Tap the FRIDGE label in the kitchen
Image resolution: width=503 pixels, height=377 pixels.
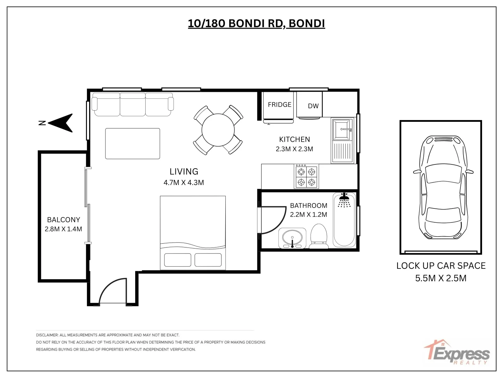coord(279,105)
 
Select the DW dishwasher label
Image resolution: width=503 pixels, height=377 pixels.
coord(313,106)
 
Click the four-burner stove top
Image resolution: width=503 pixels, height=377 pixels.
coord(306,177)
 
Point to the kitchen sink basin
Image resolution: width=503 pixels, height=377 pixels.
coord(342,130)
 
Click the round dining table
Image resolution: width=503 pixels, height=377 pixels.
coord(218,130)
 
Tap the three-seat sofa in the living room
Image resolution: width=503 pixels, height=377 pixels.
coord(133,104)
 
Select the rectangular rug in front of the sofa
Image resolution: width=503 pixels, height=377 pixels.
coord(133,143)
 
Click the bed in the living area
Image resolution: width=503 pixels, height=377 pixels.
coord(193,232)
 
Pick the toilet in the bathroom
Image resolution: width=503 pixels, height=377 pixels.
coord(319,236)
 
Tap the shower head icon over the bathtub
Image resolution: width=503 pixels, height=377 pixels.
coord(344,200)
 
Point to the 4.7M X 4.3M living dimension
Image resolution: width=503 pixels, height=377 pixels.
coord(184,183)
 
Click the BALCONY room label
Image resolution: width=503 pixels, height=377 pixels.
coord(64,220)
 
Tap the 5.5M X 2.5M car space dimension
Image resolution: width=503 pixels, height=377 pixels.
coord(441,278)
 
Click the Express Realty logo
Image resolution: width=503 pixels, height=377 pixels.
coord(458,353)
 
